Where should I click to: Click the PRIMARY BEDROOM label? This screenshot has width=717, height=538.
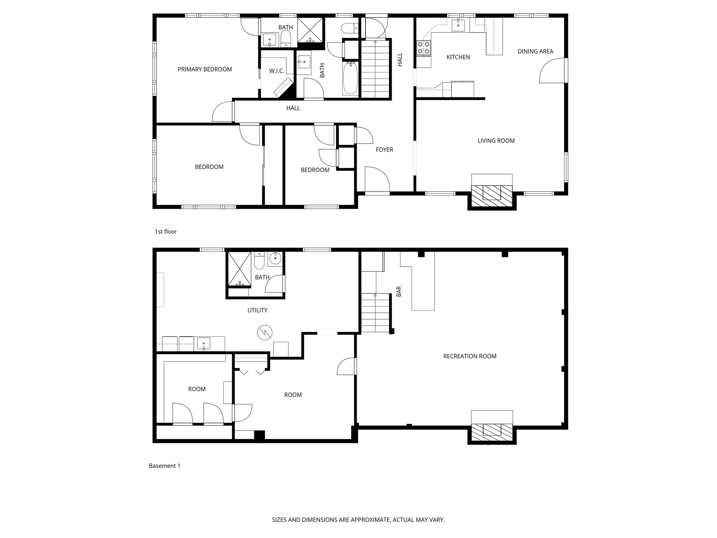point(204,69)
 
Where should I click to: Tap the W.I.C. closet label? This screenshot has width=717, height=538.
point(276,71)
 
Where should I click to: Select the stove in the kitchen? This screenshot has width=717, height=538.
point(424,48)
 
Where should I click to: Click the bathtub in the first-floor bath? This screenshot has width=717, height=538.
point(350,78)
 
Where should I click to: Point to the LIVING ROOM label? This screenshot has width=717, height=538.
point(496,141)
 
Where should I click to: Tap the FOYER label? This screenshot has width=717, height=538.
point(384,150)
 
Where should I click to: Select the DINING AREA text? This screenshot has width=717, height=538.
point(535,51)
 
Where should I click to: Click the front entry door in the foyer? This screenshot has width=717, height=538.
point(377,180)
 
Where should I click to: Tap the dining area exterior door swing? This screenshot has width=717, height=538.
point(551,71)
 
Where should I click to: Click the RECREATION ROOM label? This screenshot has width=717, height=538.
point(469,356)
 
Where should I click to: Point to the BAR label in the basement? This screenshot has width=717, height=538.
point(399,291)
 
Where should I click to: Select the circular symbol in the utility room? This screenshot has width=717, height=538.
point(265,332)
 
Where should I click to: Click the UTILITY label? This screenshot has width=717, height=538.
point(257,310)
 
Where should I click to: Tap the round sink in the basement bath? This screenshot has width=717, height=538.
point(276,258)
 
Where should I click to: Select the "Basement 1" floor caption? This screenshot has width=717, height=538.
point(165,466)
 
